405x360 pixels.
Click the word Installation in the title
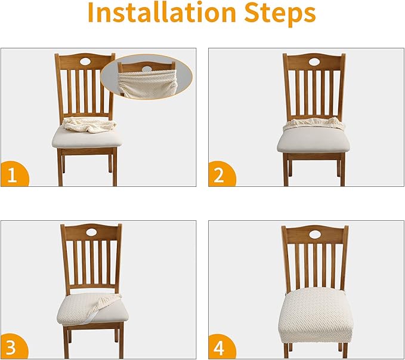(162, 12)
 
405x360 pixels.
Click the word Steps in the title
(280, 14)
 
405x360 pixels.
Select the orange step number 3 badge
(14, 346)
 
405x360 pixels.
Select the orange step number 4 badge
(221, 346)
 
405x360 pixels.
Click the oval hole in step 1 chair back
(85, 61)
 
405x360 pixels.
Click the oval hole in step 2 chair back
(314, 61)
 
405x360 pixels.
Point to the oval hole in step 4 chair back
(315, 234)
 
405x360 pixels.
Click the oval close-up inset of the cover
(147, 78)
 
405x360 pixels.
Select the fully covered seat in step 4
(316, 315)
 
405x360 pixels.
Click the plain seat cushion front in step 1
(87, 139)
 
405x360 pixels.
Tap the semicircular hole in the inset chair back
(147, 69)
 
